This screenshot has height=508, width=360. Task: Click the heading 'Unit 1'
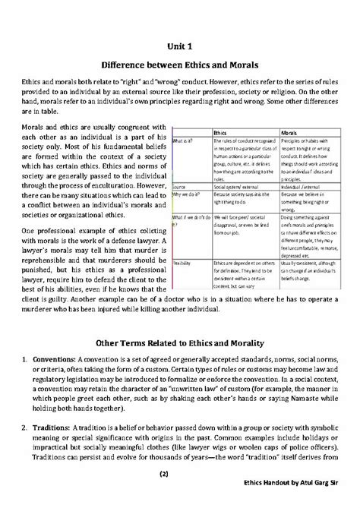pyautogui.click(x=180, y=46)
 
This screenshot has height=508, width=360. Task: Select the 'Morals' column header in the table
pyautogui.click(x=292, y=131)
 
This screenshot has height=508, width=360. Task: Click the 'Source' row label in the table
pyautogui.click(x=182, y=185)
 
